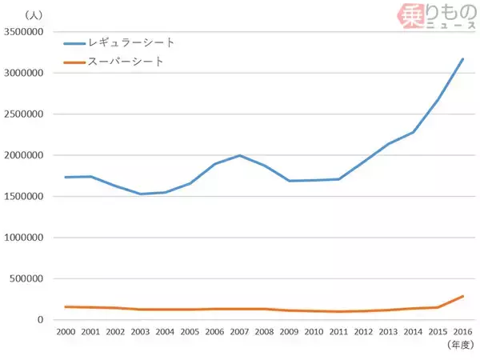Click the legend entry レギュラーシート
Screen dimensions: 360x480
(132, 42)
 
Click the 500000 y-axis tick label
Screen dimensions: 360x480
(30, 279)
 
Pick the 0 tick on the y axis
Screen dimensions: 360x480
(44, 320)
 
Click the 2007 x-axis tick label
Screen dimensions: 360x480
(238, 331)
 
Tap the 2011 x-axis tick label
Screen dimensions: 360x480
(338, 331)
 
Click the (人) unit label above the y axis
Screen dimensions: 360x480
(34, 14)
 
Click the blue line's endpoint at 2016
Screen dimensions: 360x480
(463, 58)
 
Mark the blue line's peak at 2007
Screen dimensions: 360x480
(238, 155)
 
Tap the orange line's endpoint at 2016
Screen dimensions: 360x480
(463, 296)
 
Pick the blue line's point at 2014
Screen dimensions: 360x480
(414, 132)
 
